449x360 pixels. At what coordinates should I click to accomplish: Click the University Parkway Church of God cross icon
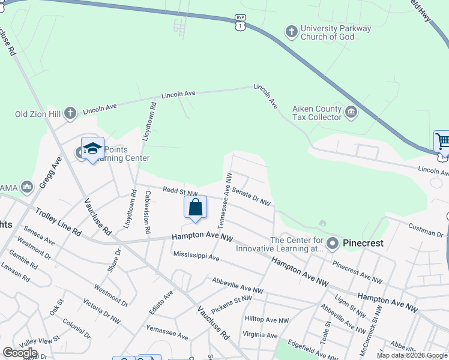291,32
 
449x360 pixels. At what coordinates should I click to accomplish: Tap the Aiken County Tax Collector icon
351,112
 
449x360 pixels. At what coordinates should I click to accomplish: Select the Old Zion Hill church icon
70,112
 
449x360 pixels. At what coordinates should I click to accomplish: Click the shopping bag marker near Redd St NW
196,208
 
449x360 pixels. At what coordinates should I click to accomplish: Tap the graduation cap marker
92,149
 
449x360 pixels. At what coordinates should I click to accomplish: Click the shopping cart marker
442,142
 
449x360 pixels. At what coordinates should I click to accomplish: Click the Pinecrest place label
363,244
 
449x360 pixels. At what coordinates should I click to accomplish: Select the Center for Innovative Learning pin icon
333,244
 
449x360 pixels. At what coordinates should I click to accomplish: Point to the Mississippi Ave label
196,256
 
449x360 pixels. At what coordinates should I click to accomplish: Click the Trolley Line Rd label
58,221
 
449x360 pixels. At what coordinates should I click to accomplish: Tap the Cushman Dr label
426,229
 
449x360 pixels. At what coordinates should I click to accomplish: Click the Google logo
20,353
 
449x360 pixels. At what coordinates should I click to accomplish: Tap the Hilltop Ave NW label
267,319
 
